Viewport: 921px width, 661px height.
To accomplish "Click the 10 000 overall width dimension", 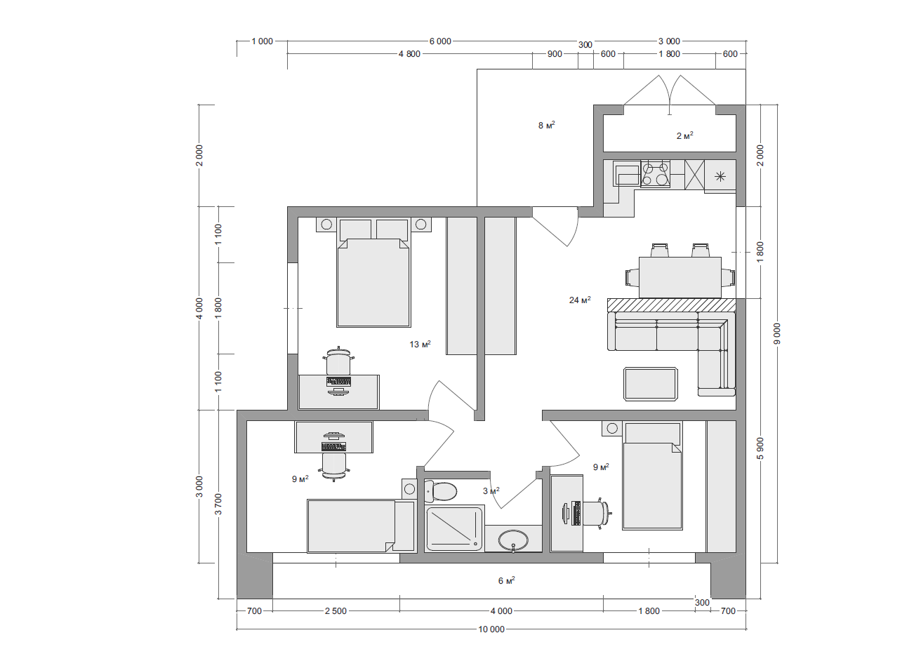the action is [x=491, y=629].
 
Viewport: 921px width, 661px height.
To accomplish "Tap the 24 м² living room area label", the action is [x=580, y=300].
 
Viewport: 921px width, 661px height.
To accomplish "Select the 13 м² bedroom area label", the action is [x=420, y=344].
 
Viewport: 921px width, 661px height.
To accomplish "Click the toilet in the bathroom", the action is [x=440, y=491].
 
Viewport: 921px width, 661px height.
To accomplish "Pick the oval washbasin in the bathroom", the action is [x=513, y=540].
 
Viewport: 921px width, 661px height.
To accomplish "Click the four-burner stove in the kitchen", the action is [x=656, y=174].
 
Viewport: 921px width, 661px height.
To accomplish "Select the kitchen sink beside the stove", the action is [x=626, y=173].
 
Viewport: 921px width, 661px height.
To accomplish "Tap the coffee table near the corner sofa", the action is [x=651, y=384].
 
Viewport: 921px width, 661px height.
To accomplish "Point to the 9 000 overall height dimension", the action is [x=776, y=334].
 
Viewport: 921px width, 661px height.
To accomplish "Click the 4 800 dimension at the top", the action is [x=409, y=54].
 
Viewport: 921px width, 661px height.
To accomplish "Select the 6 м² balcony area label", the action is [x=507, y=581].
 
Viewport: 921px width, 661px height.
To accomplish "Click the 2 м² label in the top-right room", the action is [x=685, y=135].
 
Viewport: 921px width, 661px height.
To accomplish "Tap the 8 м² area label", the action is [x=547, y=125].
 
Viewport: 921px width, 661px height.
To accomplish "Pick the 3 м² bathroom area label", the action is [x=491, y=490].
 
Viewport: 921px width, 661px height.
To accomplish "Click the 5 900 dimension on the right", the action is [x=760, y=448].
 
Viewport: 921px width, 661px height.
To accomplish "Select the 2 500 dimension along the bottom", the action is [x=336, y=611].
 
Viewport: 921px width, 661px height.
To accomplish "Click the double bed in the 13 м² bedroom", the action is [x=373, y=272].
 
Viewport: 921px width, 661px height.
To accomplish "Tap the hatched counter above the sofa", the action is [x=671, y=305].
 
